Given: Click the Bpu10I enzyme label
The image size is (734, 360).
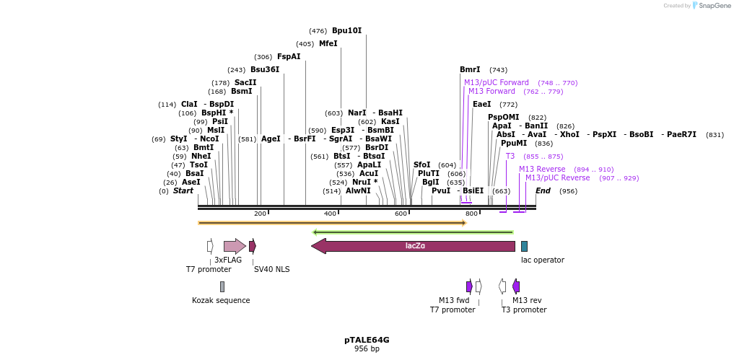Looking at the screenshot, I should [x=346, y=31].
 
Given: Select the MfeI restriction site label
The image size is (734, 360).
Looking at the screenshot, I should [x=328, y=44].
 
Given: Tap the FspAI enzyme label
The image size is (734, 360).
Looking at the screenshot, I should [x=289, y=57].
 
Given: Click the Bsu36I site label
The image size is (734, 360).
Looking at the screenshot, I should [x=265, y=70].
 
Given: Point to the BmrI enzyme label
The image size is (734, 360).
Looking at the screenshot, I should [x=470, y=70].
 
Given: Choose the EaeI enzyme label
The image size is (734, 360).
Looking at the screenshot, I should [x=481, y=105].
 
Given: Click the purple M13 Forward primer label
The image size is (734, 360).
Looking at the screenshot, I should [x=491, y=92].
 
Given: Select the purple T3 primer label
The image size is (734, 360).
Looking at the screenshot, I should [x=510, y=157].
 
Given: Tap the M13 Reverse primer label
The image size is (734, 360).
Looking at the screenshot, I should [x=542, y=170].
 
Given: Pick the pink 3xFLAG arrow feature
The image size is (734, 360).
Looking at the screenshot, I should [x=235, y=246].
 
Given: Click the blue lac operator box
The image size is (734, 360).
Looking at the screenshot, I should [x=524, y=246].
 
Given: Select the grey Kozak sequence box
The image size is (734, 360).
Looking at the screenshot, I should [x=222, y=286].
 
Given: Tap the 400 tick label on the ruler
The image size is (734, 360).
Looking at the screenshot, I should [x=330, y=214].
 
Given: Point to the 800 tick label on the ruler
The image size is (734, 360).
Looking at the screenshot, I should [x=471, y=214].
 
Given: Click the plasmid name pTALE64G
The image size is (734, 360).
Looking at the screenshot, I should [x=367, y=340].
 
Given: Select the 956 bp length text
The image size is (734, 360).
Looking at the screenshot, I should [x=367, y=349].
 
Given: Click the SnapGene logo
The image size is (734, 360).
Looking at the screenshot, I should [x=711, y=6].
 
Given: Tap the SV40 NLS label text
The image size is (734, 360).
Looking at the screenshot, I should [x=271, y=270].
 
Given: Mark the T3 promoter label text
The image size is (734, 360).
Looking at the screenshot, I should [x=524, y=310].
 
